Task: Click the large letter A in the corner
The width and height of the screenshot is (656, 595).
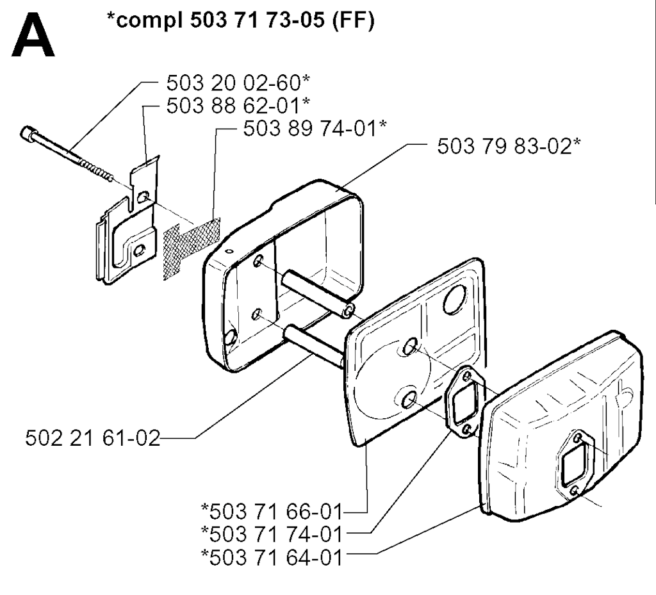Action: [33, 35]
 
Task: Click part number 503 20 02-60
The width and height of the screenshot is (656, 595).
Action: [233, 83]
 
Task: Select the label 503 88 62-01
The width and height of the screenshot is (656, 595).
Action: [233, 106]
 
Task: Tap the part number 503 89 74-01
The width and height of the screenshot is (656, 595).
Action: [310, 128]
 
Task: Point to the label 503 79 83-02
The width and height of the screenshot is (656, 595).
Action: [504, 146]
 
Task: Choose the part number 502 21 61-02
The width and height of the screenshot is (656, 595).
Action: [93, 438]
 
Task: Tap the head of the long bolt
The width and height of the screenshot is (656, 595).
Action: [28, 134]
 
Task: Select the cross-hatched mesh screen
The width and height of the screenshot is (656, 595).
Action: [192, 249]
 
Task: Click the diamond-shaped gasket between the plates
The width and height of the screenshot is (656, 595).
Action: [464, 402]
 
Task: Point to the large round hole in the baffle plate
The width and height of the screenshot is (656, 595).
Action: [455, 299]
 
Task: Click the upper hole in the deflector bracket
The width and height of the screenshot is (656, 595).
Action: [143, 196]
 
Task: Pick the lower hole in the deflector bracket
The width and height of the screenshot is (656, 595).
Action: [138, 250]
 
